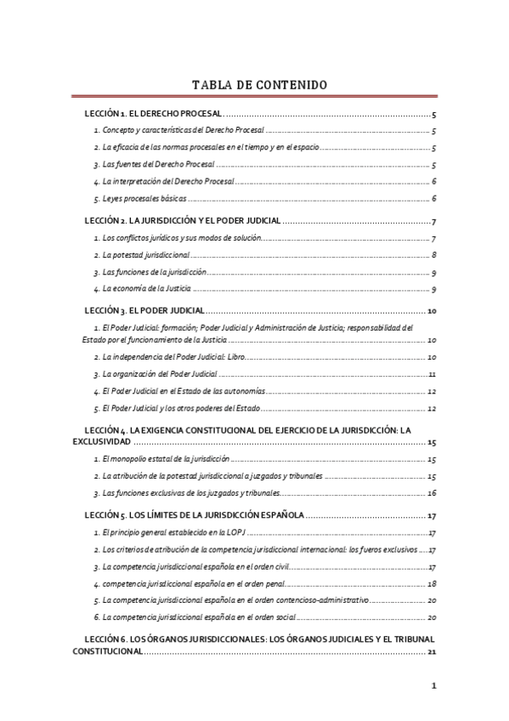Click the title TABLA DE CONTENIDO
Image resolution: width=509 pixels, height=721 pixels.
coord(254,84)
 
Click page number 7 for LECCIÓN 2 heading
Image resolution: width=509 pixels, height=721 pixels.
coord(433,221)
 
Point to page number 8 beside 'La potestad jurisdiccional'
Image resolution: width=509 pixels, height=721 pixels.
coord(433,255)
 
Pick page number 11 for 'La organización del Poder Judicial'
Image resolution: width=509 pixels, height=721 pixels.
coord(432,374)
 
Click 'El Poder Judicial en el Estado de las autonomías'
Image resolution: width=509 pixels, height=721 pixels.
coord(184,391)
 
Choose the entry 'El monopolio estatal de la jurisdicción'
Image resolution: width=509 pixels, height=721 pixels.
coord(167,459)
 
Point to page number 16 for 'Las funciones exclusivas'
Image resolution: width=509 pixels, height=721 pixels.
coord(432,493)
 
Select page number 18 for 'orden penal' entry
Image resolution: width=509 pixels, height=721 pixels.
coord(432,584)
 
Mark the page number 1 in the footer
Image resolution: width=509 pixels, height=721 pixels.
coord(433,686)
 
